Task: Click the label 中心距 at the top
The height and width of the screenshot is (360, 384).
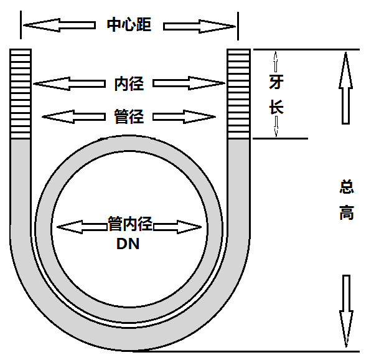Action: tap(129, 26)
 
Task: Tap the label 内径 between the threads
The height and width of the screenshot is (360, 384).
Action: tap(129, 83)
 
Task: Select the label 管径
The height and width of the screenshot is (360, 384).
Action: tap(129, 116)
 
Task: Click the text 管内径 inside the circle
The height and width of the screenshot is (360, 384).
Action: tap(130, 225)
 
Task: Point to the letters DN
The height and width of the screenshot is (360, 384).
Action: tap(128, 244)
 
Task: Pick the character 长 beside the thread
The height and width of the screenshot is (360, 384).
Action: tap(276, 107)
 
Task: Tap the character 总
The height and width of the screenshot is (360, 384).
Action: tap(347, 187)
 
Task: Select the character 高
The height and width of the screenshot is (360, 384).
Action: tap(347, 213)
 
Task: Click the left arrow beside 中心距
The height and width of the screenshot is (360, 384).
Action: tap(60, 26)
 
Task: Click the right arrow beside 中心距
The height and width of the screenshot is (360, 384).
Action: tap(199, 26)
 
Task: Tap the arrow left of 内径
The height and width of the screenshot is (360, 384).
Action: tap(70, 83)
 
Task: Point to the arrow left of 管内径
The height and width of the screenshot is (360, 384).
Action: tap(82, 226)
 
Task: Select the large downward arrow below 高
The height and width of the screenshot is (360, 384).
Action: tap(347, 311)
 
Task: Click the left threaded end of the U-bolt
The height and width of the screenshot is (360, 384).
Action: tap(21, 93)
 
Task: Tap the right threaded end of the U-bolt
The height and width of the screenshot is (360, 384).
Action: tap(238, 93)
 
